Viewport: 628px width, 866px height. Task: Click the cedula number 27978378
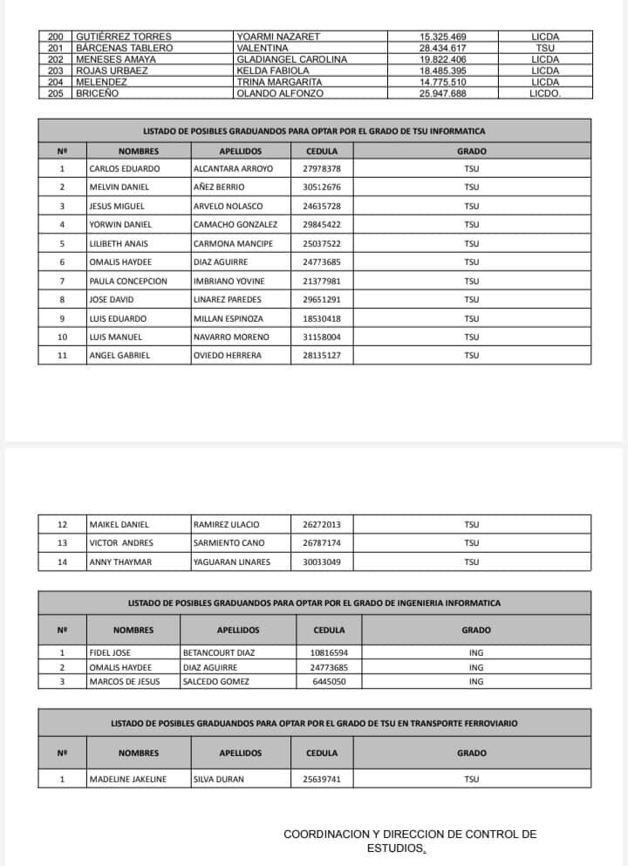coord(322,168)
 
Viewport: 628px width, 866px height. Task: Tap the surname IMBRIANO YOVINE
coord(229,281)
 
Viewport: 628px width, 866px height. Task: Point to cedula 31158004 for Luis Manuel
coord(322,337)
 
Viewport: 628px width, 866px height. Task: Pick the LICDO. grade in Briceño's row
coord(545,93)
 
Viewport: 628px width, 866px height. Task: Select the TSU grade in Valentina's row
coord(545,48)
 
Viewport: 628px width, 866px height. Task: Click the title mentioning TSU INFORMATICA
coord(314,132)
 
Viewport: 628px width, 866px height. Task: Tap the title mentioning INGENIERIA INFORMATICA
coord(314,603)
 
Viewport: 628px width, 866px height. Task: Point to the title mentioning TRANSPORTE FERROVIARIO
coord(314,724)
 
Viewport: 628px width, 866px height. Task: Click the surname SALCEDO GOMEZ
coord(216,682)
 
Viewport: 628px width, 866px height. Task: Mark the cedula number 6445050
coord(330,682)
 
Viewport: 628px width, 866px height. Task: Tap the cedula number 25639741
coord(322,780)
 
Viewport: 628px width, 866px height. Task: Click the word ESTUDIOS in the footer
coord(395,848)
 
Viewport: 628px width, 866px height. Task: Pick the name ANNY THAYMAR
coord(120,563)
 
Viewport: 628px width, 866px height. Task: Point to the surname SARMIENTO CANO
coord(229,543)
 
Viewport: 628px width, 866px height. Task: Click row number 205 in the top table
coord(57,93)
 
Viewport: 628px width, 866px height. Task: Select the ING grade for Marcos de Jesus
coord(475,682)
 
